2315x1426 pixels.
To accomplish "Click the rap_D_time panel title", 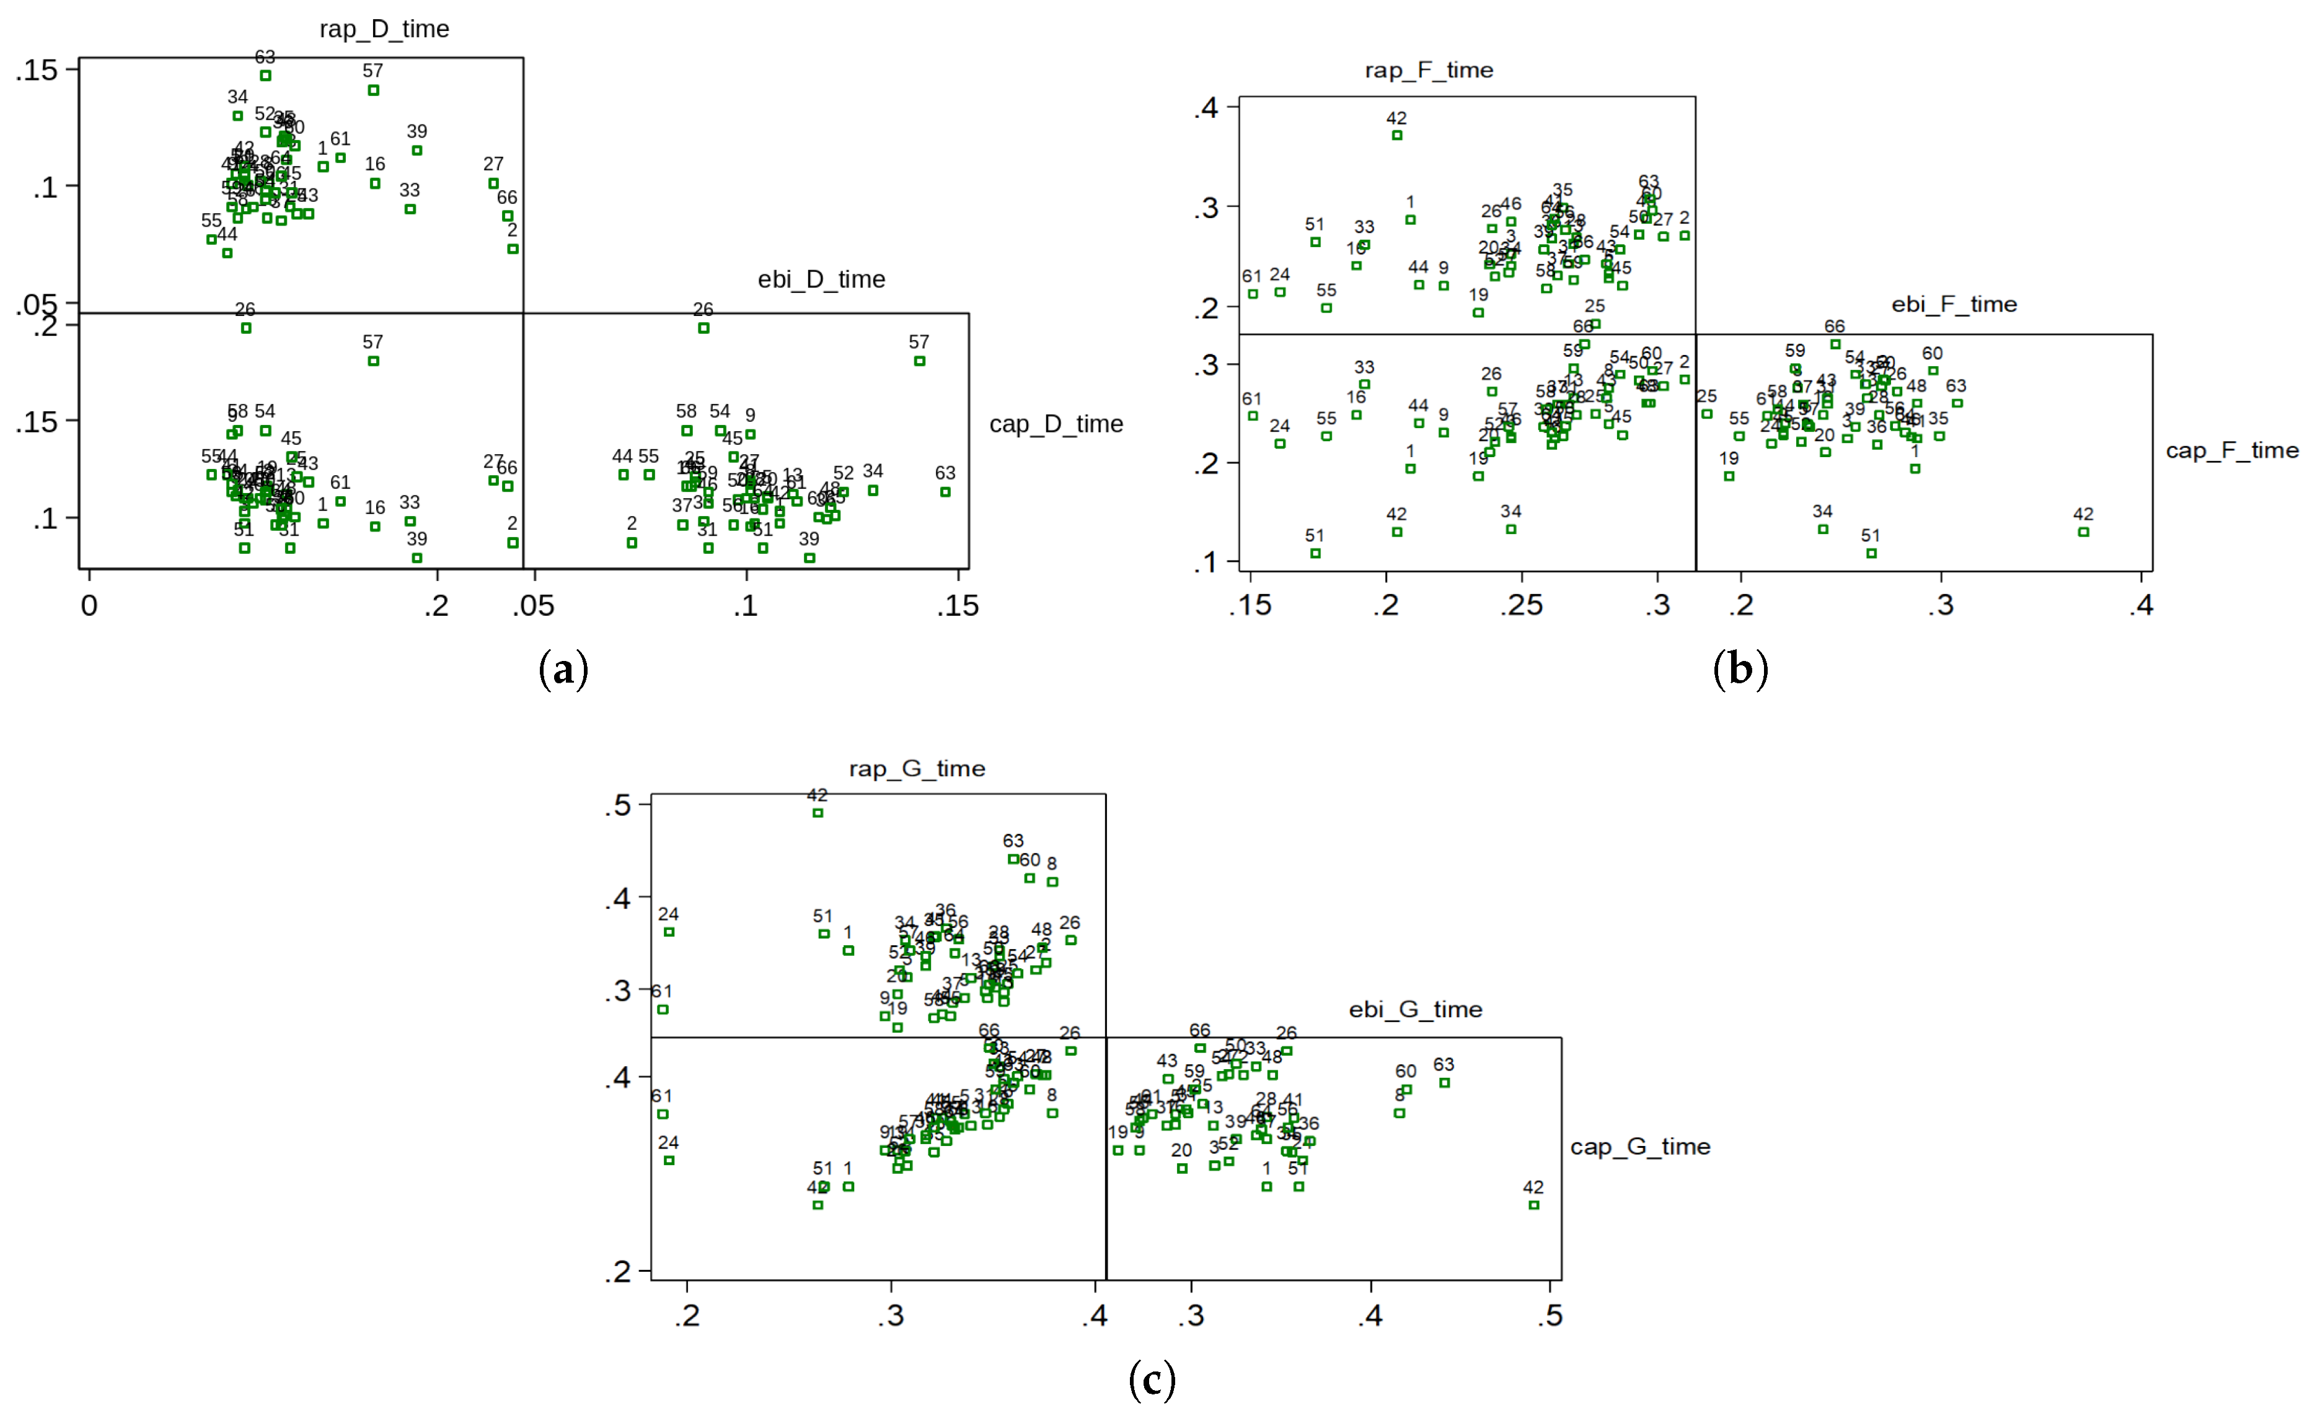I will pyautogui.click(x=384, y=29).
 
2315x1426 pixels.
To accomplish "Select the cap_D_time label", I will pyautogui.click(x=1056, y=424).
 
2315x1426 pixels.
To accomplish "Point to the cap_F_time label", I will pyautogui.click(x=2231, y=451).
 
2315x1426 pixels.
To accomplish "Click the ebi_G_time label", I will pyautogui.click(x=1415, y=1009).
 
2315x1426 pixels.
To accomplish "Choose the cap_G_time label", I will pyautogui.click(x=1639, y=1147).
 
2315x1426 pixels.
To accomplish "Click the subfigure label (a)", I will pyautogui.click(x=563, y=670).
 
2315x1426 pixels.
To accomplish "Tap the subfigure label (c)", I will pyautogui.click(x=1152, y=1381).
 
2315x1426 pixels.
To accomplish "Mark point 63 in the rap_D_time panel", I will pyautogui.click(x=266, y=76).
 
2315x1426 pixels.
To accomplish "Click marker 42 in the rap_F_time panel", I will pyautogui.click(x=1397, y=136).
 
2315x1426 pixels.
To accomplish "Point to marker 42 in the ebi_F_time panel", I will pyautogui.click(x=2084, y=532).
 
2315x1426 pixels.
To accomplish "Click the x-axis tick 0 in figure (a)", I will pyautogui.click(x=90, y=605).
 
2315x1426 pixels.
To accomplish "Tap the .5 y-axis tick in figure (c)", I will pyautogui.click(x=618, y=805).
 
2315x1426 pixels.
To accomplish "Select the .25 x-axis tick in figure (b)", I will pyautogui.click(x=1522, y=605).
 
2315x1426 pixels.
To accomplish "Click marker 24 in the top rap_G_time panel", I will pyautogui.click(x=669, y=932).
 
